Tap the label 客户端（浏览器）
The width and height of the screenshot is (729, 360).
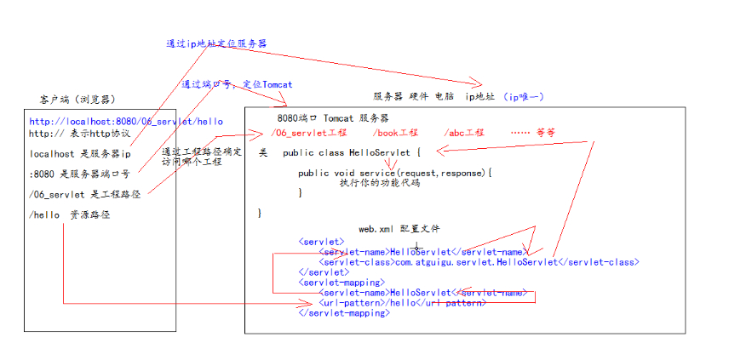77,100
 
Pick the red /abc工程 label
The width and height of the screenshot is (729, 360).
463,134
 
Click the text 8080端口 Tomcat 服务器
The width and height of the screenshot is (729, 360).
332,117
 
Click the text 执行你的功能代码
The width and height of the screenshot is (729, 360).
374,182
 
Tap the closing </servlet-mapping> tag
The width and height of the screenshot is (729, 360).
344,313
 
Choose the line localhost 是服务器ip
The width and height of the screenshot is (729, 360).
79,154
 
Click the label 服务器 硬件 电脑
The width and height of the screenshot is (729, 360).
414,96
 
